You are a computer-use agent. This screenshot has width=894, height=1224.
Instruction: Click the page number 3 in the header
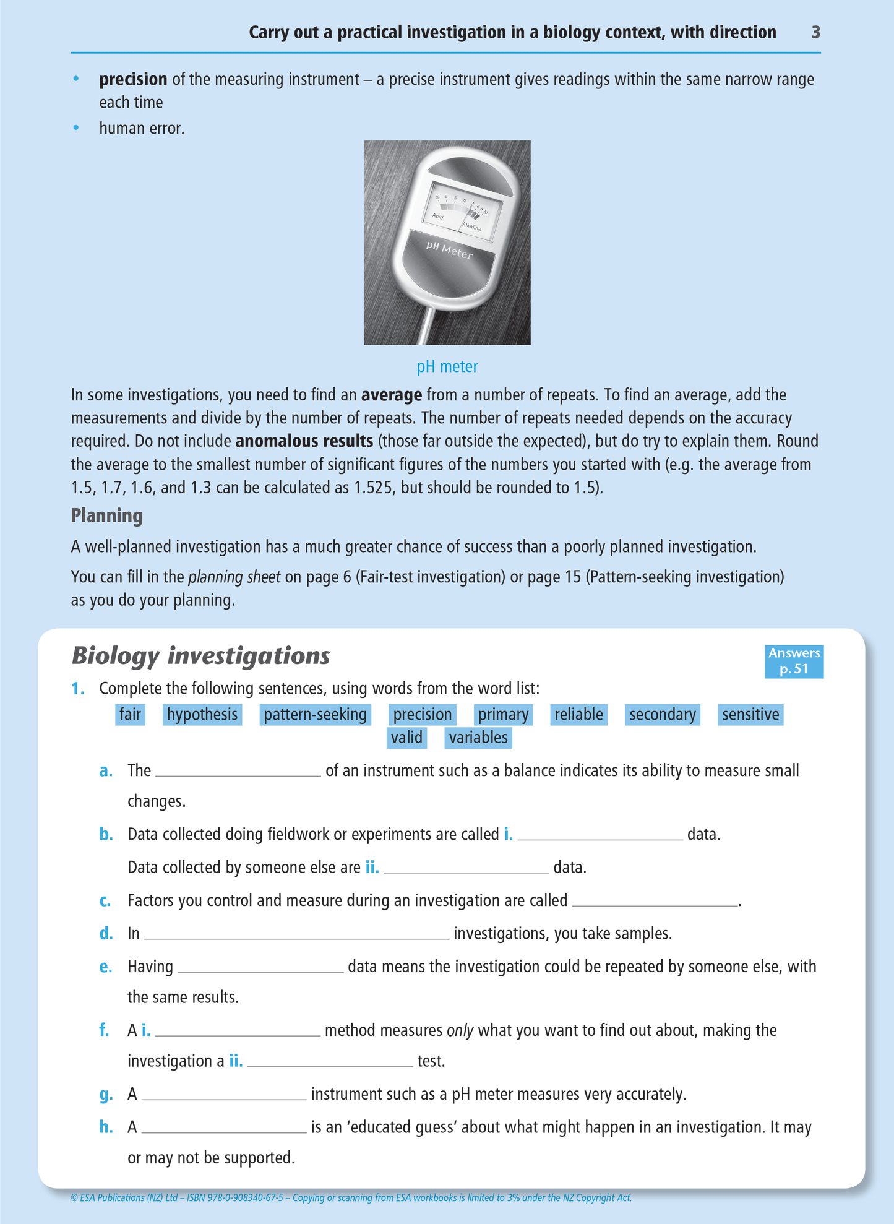[815, 32]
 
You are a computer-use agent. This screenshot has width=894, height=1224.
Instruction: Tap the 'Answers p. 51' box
[794, 661]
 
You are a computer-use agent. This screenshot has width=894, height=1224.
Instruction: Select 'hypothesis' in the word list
[202, 715]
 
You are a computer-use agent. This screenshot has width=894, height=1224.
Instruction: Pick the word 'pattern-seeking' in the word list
[315, 715]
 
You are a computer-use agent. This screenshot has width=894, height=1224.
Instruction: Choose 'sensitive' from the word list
[750, 715]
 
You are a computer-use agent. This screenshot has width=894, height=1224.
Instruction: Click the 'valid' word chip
[406, 738]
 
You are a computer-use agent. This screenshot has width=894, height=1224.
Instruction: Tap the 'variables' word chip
[478, 738]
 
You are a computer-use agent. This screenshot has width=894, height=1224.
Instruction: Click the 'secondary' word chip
[662, 715]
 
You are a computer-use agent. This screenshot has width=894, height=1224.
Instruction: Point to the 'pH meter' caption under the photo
[447, 367]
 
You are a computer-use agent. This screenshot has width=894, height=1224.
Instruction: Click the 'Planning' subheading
[107, 515]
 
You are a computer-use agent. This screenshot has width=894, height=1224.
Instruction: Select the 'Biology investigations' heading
[201, 655]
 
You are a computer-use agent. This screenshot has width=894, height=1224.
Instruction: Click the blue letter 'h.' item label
[106, 1127]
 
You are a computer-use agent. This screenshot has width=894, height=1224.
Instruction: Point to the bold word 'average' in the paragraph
[392, 395]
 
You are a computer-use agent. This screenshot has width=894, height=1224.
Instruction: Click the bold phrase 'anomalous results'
[304, 441]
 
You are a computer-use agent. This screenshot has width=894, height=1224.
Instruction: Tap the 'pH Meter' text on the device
[449, 251]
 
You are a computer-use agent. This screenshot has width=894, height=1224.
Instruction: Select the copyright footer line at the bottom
[351, 1197]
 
